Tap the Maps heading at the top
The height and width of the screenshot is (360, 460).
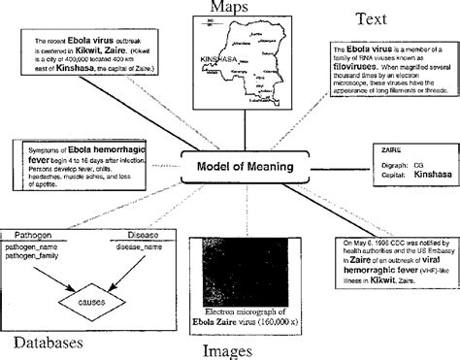point(230,9)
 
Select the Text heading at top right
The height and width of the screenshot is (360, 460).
point(375,18)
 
